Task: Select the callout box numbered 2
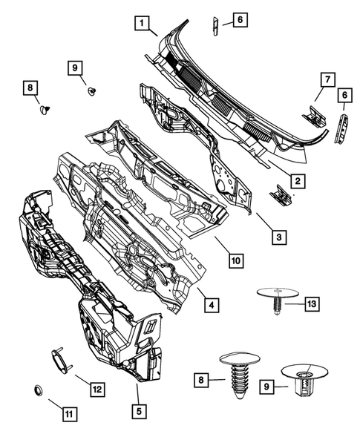point(295,180)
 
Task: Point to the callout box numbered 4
point(212,305)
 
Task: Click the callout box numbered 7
point(324,78)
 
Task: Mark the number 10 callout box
point(235,260)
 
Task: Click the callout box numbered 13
point(312,303)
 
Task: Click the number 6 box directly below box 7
point(343,95)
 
